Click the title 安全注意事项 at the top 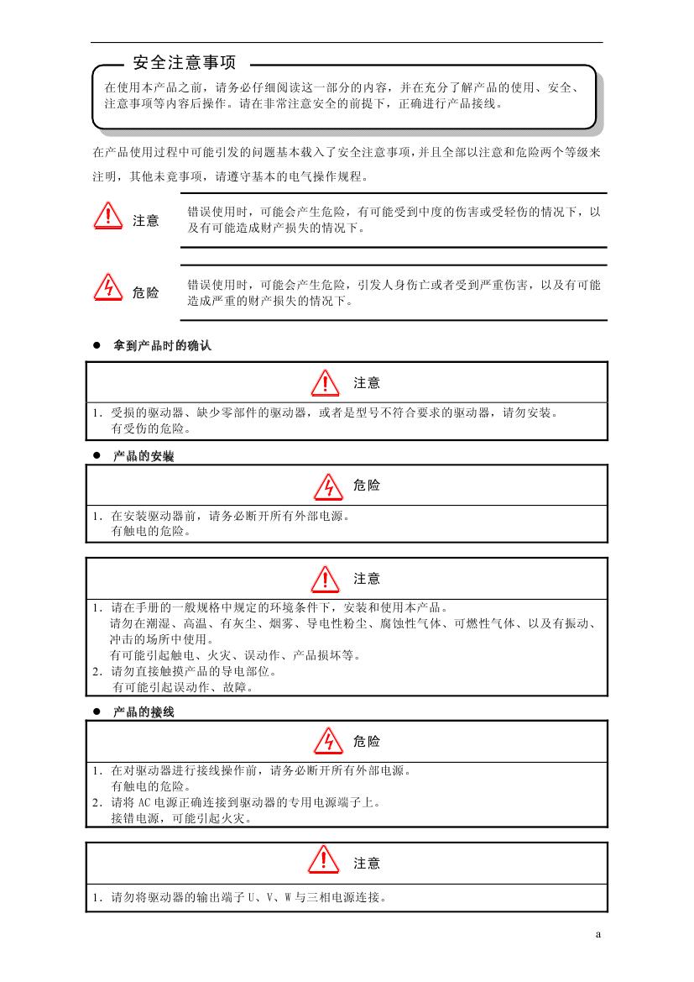[185, 63]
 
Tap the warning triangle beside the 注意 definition [108, 216]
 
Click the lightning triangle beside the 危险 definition [108, 287]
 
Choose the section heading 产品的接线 [143, 712]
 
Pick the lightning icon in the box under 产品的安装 [324, 486]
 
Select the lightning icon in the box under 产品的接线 [324, 741]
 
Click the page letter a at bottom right [598, 934]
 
